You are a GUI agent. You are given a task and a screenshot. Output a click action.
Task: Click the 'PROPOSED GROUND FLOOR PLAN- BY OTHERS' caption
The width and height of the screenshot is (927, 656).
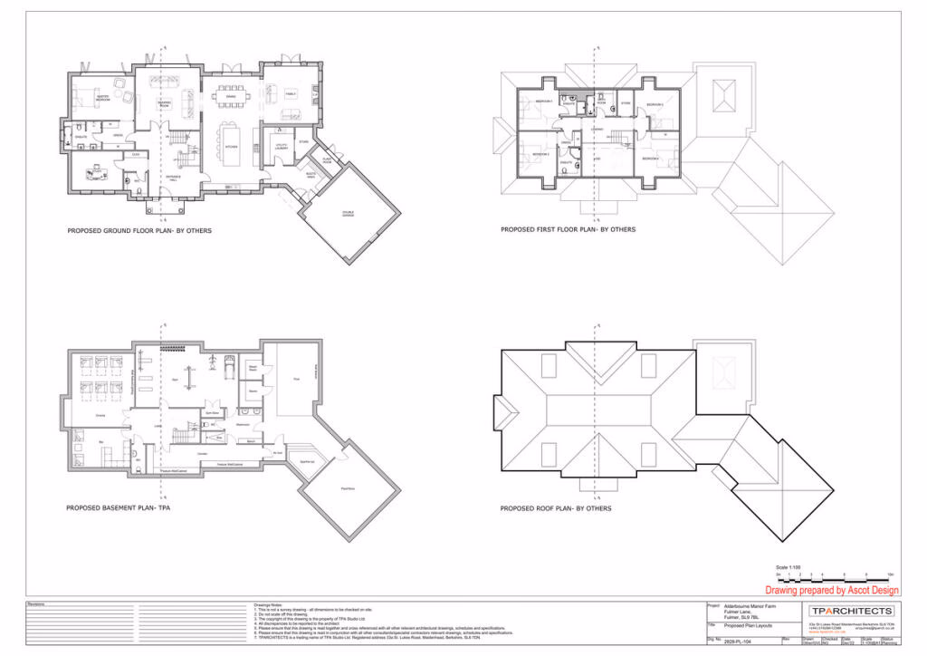pyautogui.click(x=139, y=231)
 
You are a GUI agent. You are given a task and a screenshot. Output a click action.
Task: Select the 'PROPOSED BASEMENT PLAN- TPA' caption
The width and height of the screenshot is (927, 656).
pyautogui.click(x=118, y=508)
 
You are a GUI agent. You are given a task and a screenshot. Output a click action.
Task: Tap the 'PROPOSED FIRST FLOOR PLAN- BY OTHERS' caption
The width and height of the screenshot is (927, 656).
pyautogui.click(x=568, y=230)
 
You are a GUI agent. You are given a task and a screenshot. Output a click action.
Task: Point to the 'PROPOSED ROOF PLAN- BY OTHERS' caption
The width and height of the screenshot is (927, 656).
pyautogui.click(x=555, y=509)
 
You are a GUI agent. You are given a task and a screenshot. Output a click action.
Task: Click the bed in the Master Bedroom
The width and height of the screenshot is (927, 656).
pyautogui.click(x=88, y=100)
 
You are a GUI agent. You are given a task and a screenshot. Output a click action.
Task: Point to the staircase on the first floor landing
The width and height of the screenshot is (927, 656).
pyautogui.click(x=619, y=138)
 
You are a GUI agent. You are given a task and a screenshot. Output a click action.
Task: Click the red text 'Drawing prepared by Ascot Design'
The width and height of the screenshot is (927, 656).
pyautogui.click(x=832, y=590)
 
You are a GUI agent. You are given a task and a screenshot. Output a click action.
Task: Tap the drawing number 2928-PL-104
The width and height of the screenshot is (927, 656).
pyautogui.click(x=741, y=640)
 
